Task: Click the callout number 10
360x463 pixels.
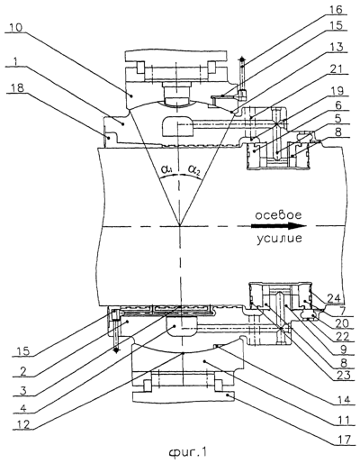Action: (15, 28)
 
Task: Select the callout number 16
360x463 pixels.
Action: (336, 10)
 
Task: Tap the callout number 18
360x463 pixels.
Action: (18, 88)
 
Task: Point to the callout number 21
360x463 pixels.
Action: (337, 69)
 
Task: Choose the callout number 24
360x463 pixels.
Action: (335, 298)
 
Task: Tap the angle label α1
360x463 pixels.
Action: (166, 170)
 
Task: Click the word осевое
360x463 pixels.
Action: (278, 215)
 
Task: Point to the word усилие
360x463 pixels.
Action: (279, 239)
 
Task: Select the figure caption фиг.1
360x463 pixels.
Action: (188, 452)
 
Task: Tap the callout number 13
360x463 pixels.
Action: (337, 48)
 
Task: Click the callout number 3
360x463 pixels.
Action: (23, 391)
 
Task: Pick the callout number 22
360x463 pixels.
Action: (343, 337)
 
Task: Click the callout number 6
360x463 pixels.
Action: (338, 105)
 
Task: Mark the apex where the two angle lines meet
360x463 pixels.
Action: (179, 225)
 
